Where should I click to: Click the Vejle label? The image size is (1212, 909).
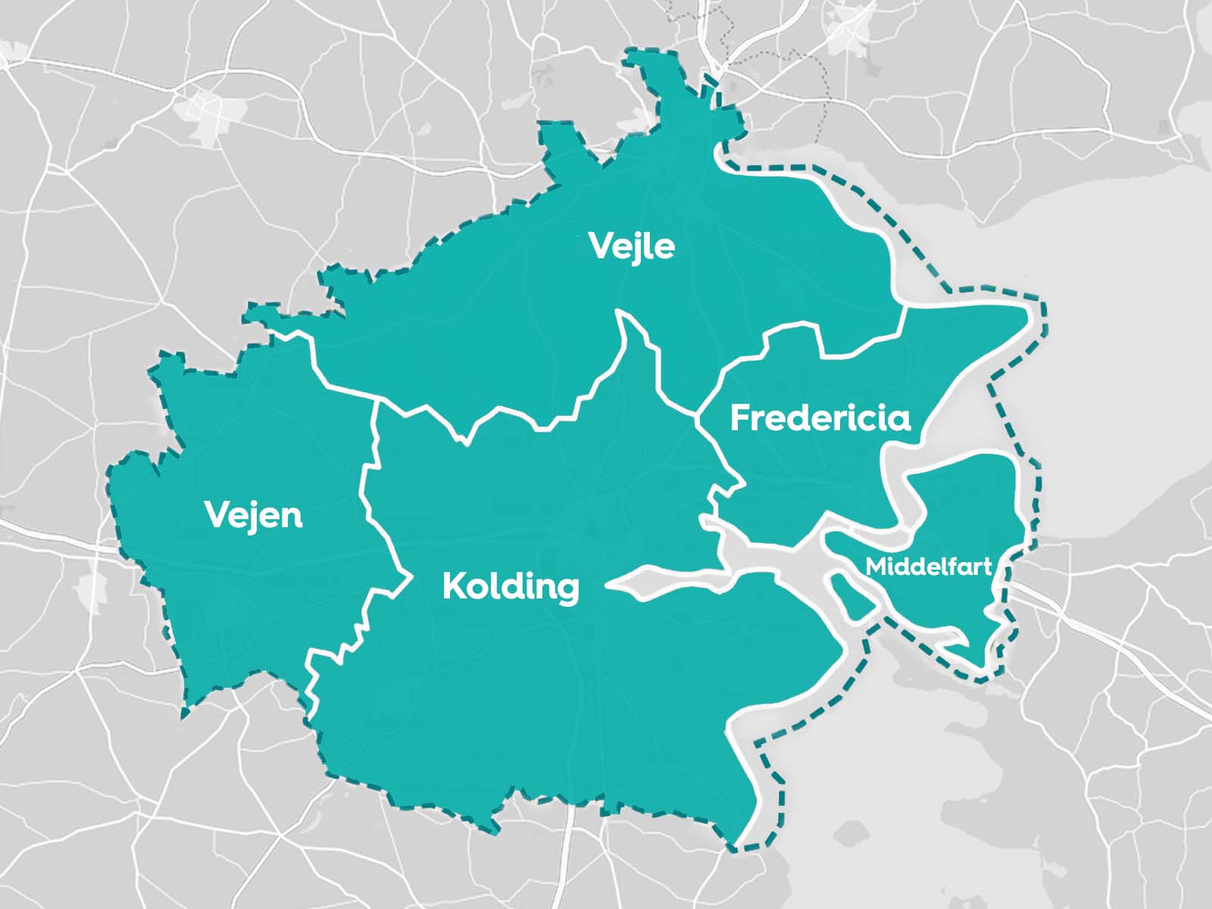pyautogui.click(x=631, y=247)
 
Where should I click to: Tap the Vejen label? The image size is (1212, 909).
pyautogui.click(x=254, y=516)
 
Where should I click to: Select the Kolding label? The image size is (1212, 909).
pyautogui.click(x=511, y=586)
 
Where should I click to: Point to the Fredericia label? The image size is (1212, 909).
pyautogui.click(x=820, y=418)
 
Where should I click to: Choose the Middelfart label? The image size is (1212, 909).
pyautogui.click(x=929, y=567)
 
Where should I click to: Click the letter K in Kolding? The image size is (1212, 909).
pyautogui.click(x=453, y=586)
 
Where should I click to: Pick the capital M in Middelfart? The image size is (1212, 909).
pyautogui.click(x=876, y=567)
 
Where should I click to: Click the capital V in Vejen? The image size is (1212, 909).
pyautogui.click(x=217, y=515)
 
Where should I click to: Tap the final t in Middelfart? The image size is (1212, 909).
pyautogui.click(x=987, y=567)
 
